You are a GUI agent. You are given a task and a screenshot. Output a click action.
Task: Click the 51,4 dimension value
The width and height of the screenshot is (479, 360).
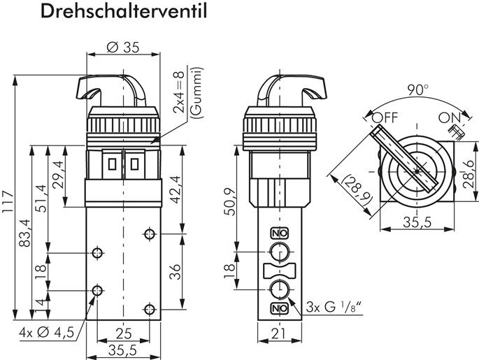coord(41,197)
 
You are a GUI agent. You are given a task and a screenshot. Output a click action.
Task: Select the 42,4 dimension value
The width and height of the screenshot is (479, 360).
coord(175,185)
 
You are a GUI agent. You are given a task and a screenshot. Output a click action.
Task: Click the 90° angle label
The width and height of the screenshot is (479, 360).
coord(417,90)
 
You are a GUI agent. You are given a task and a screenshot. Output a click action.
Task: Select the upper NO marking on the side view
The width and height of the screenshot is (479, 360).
coord(278,233)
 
